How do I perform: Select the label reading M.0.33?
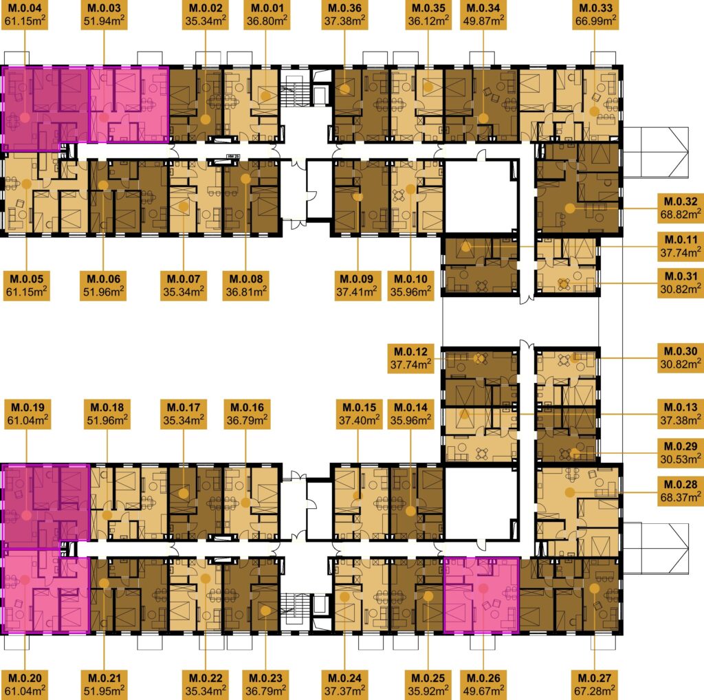pyautogui.click(x=595, y=14)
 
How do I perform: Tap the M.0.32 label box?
pyautogui.click(x=680, y=208)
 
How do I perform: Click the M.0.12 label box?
pyautogui.click(x=411, y=358)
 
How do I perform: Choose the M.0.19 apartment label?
pyautogui.click(x=27, y=415)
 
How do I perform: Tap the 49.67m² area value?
pyautogui.click(x=483, y=690)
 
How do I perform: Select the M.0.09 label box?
pyautogui.click(x=357, y=285)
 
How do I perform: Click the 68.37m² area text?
pyautogui.click(x=680, y=498)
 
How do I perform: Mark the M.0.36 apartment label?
pyautogui.click(x=345, y=14)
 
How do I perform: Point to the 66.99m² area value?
pyautogui.click(x=595, y=21)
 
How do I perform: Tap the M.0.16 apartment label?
pyautogui.click(x=247, y=415)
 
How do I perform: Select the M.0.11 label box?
pyautogui.click(x=680, y=246)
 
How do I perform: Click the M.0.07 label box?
pyautogui.click(x=183, y=285)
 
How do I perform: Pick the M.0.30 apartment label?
pyautogui.click(x=680, y=358)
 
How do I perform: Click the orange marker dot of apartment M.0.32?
pyautogui.click(x=570, y=208)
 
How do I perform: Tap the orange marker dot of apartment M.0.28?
pyautogui.click(x=570, y=492)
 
